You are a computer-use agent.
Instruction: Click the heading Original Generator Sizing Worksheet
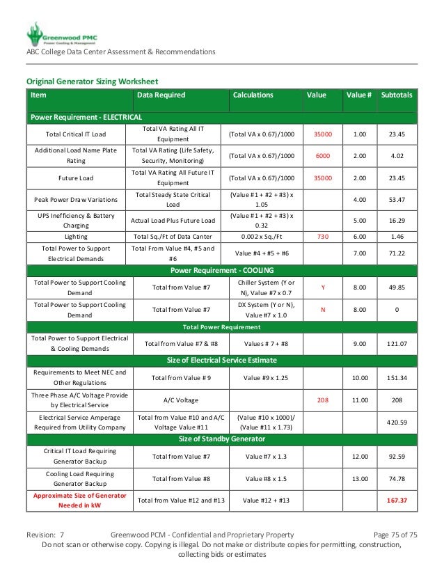93,81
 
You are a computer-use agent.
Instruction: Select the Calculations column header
253,95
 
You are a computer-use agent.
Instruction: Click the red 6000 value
322,156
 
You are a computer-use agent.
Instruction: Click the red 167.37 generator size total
397,500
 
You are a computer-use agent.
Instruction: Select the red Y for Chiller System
322,287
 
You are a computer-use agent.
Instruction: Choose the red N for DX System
322,310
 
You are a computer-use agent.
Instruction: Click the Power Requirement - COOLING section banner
222,270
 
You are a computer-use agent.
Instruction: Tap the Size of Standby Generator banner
222,440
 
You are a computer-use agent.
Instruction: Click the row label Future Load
77,178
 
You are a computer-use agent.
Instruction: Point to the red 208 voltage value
322,400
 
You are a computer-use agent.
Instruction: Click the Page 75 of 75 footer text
395,535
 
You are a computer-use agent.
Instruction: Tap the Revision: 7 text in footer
46,535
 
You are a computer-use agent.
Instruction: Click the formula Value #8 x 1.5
267,478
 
